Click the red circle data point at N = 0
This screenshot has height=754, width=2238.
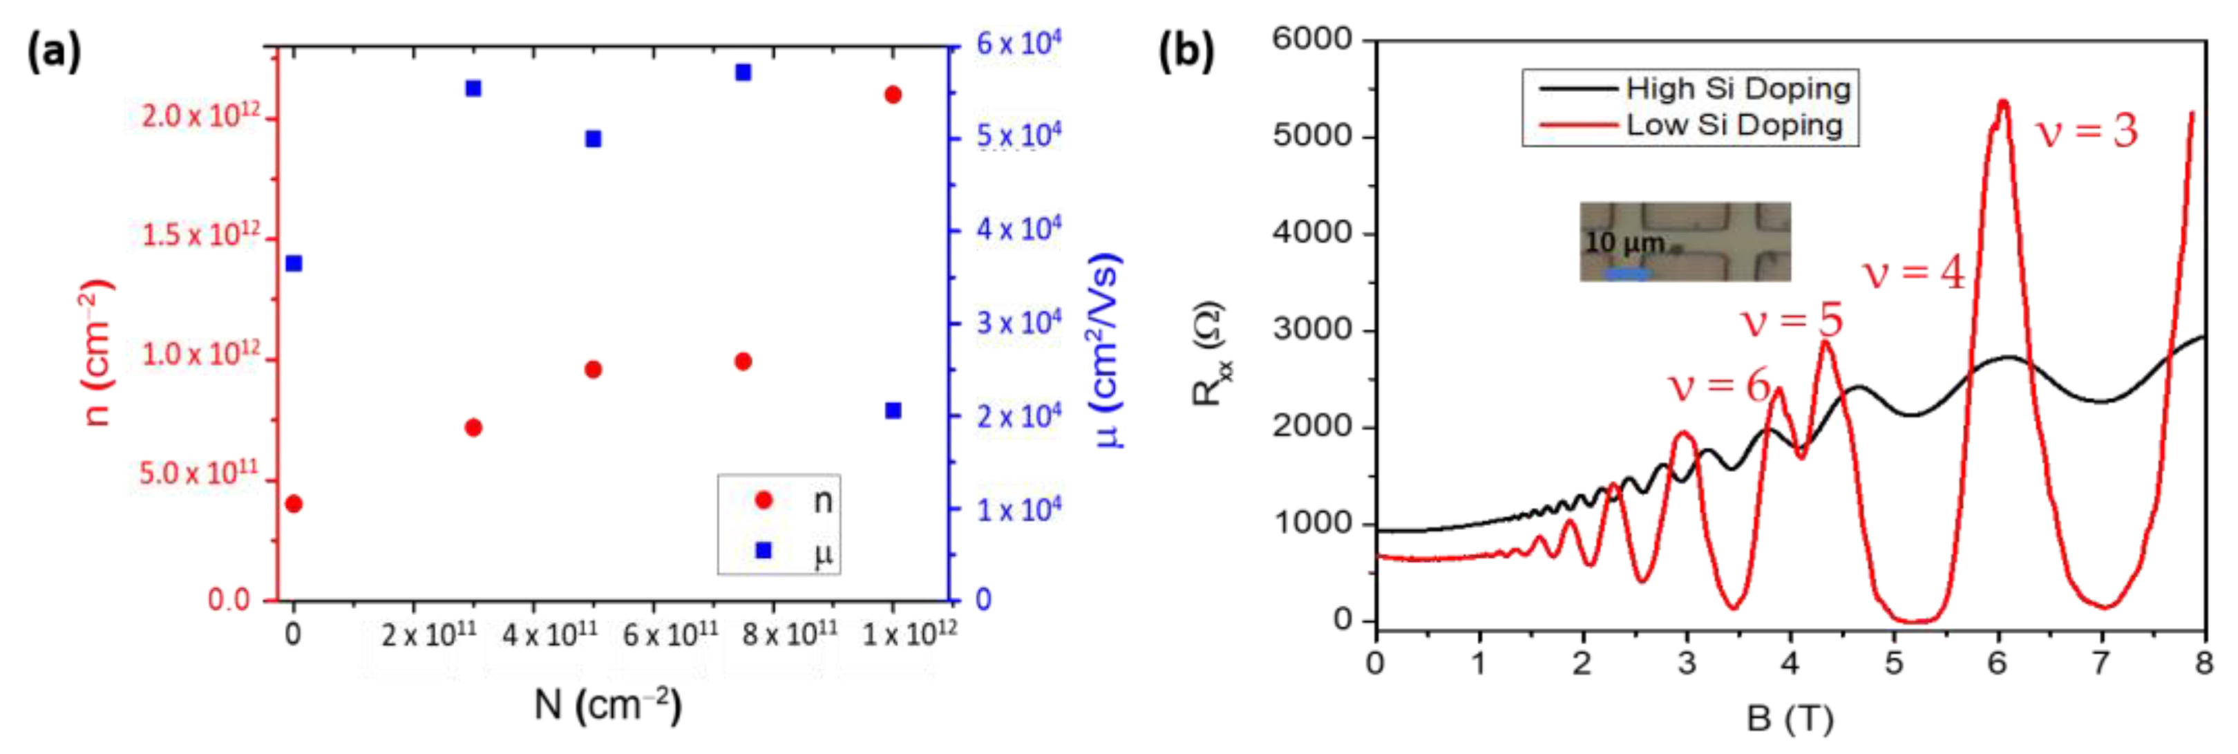(294, 504)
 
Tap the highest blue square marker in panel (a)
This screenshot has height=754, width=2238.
(743, 72)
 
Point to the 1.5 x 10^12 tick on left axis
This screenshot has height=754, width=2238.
(200, 234)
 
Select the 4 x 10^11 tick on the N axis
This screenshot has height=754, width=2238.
(549, 635)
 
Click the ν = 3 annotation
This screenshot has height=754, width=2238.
(2087, 132)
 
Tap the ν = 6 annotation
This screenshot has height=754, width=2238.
(1718, 385)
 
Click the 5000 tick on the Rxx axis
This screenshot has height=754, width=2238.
(1312, 136)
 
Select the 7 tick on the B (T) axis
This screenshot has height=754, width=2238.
(2101, 663)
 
